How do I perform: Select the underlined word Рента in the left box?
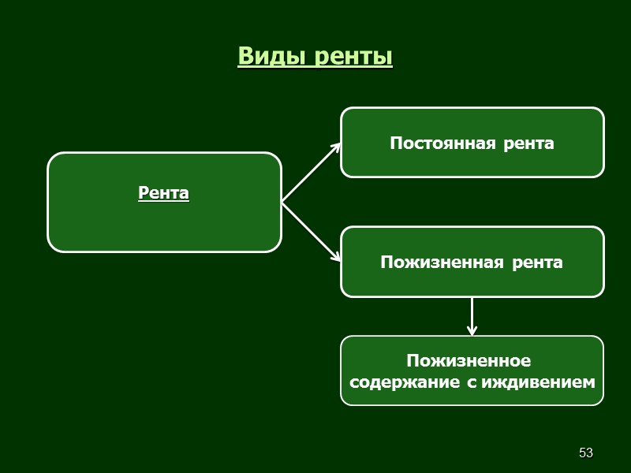coord(163,192)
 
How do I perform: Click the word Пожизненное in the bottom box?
coord(469,361)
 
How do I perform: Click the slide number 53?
coord(585,453)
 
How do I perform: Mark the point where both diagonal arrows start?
coord(282,203)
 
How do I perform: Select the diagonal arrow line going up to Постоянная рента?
coord(309,174)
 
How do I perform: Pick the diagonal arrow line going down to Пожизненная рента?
coord(309,230)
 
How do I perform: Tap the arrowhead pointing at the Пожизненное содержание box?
coord(472,331)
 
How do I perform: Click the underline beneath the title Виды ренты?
coord(315,68)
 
